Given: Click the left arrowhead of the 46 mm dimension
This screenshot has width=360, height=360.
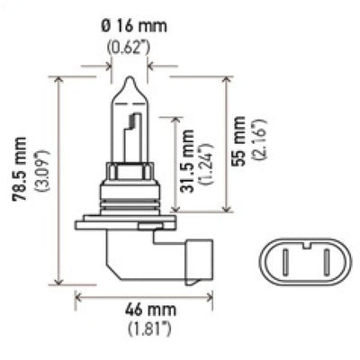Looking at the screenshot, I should (x=79, y=294).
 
